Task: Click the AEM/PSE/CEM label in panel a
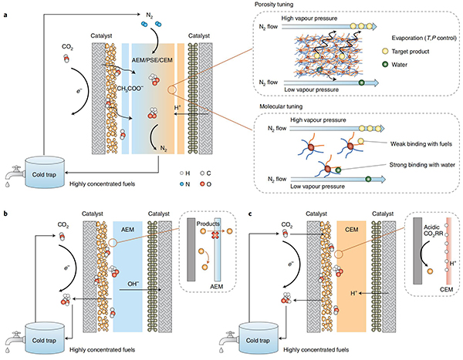coord(152,60)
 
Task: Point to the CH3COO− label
coord(130,89)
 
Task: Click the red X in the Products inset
coord(215,235)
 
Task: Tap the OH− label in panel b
coord(133,284)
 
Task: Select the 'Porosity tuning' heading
coord(274,5)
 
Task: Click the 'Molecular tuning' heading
coord(281,106)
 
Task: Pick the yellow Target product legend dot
coord(385,52)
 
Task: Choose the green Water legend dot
coord(385,64)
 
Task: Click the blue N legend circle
coord(181,184)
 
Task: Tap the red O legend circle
coord(202,184)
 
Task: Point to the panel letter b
coord(5,213)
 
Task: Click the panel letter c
coord(250,214)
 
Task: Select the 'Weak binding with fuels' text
coord(421,144)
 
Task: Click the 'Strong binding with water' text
coord(422,165)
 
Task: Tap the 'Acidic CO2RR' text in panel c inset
coord(431,230)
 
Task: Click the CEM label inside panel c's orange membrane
coord(351,229)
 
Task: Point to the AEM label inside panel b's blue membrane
coord(127,229)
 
